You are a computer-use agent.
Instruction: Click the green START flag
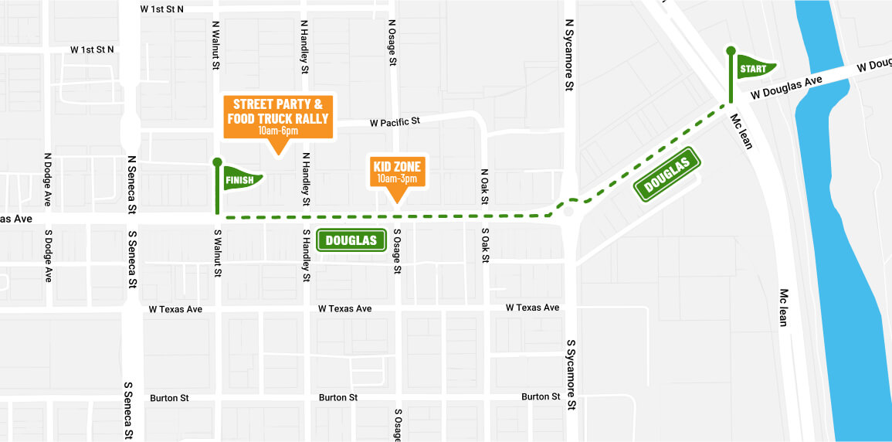755,68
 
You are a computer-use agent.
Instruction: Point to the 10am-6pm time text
278,131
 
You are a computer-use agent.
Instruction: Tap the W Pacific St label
395,122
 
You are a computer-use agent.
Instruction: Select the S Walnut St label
216,252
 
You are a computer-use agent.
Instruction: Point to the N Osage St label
392,42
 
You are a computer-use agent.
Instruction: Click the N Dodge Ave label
48,179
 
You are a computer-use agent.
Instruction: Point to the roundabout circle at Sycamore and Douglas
569,211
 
